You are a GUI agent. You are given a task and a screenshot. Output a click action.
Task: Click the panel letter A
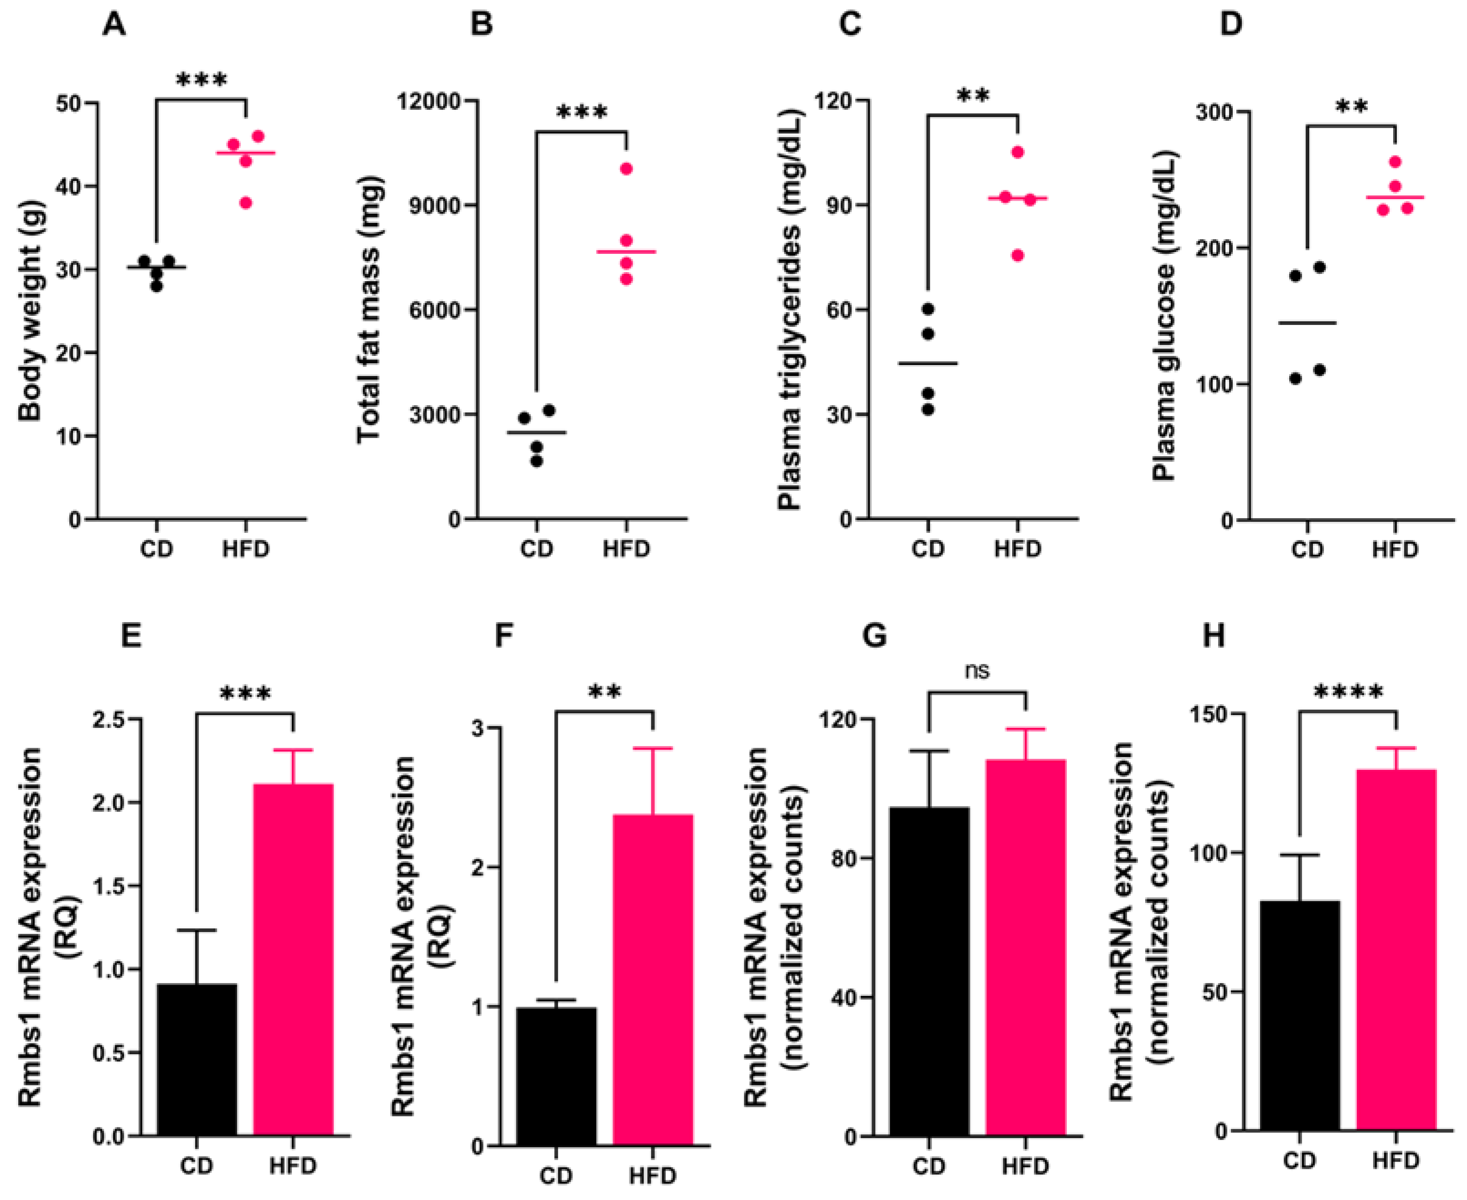click(114, 25)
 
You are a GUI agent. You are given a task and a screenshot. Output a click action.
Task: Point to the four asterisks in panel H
click(1348, 692)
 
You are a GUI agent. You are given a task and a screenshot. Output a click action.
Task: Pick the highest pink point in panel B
click(626, 169)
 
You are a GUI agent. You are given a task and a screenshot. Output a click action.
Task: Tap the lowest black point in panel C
click(928, 410)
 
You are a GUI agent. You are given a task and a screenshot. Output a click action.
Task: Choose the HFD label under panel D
click(1395, 550)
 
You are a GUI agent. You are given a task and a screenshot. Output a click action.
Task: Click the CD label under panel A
click(156, 550)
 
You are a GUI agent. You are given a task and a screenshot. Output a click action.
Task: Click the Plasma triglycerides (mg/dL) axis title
click(789, 309)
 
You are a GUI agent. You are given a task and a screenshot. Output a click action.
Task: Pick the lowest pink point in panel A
click(246, 202)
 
